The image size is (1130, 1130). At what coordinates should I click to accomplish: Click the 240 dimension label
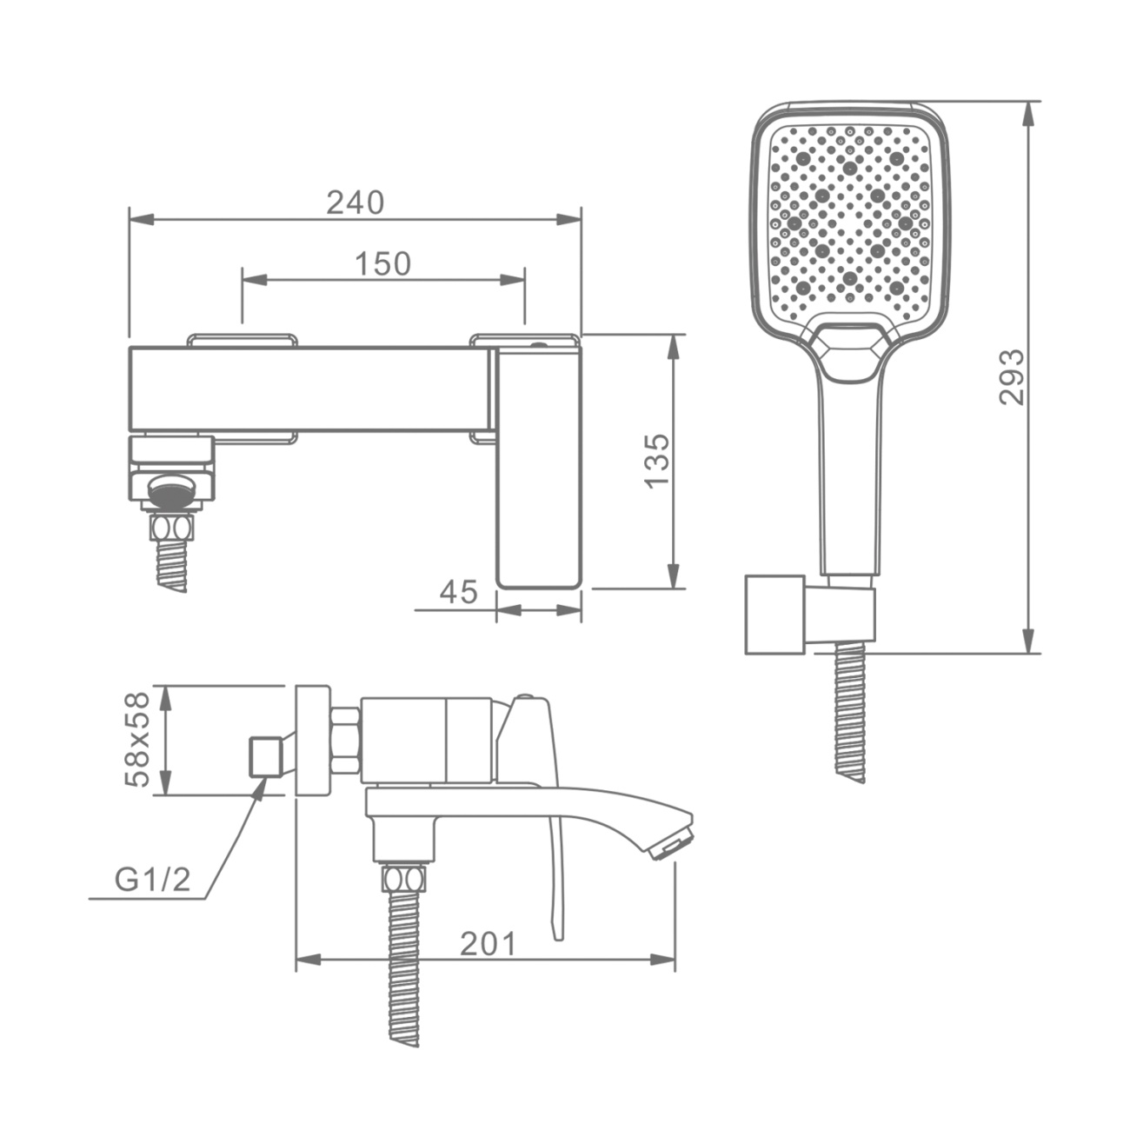[x=356, y=203]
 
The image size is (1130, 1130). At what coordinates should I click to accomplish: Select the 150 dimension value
[x=382, y=264]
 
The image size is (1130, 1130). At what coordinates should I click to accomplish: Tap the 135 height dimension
[x=657, y=460]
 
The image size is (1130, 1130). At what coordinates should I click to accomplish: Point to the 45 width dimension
[x=459, y=592]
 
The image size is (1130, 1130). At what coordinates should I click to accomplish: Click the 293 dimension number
[x=1012, y=377]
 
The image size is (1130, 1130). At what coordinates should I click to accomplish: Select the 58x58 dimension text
[x=138, y=740]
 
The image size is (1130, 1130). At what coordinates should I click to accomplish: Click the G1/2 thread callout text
[x=152, y=880]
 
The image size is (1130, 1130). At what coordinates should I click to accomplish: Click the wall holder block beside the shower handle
[x=774, y=615]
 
